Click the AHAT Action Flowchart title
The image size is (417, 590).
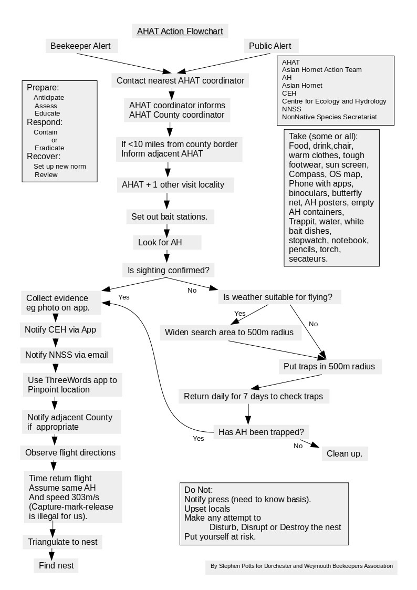pyautogui.click(x=180, y=31)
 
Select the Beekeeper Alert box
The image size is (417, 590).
pyautogui.click(x=81, y=46)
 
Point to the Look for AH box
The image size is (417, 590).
pyautogui.click(x=167, y=242)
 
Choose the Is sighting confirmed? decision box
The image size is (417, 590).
pyautogui.click(x=169, y=271)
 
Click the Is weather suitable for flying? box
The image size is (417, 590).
pyautogui.click(x=278, y=297)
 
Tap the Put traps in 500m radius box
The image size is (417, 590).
pyautogui.click(x=329, y=366)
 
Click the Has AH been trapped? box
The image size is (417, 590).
pyautogui.click(x=261, y=432)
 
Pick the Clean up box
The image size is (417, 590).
pyautogui.click(x=345, y=453)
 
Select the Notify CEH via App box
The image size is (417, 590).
pyautogui.click(x=60, y=329)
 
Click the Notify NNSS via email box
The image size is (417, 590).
pyautogui.click(x=67, y=355)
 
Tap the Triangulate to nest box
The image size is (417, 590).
pyautogui.click(x=62, y=542)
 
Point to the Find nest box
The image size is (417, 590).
pyautogui.click(x=56, y=565)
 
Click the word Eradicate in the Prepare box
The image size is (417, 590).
pyautogui.click(x=49, y=148)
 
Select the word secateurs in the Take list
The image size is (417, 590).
pyautogui.click(x=308, y=258)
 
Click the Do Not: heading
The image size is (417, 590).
pyautogui.click(x=199, y=490)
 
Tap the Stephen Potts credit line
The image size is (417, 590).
pyautogui.click(x=301, y=566)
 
